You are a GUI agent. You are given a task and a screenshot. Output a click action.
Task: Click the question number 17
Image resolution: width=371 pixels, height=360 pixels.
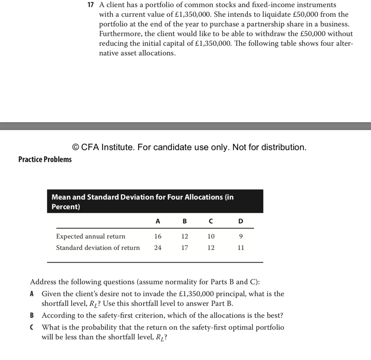[x=90, y=5]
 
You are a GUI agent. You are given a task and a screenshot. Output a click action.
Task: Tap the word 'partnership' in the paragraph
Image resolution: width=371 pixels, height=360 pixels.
[x=255, y=24]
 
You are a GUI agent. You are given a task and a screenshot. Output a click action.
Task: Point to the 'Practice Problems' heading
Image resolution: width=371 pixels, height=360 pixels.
[x=45, y=159]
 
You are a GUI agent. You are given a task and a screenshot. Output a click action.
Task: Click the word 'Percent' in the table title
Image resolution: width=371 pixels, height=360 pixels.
[x=65, y=207]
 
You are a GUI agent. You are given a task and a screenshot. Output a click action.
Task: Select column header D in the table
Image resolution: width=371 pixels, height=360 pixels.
[x=240, y=221]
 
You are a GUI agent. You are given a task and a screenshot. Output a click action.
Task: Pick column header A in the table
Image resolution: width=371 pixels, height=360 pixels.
[x=158, y=221]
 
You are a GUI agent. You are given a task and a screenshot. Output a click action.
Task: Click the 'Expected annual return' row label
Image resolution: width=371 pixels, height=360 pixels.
[x=90, y=236]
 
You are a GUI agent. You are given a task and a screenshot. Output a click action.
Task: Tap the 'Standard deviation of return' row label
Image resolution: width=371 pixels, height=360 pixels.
[x=98, y=248]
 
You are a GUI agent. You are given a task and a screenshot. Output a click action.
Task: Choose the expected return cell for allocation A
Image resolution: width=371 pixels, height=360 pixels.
[x=158, y=236]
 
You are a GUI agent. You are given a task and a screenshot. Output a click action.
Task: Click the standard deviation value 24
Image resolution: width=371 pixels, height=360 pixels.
[x=158, y=248]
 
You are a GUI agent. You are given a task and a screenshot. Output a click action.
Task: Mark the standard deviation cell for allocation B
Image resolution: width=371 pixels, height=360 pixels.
[x=184, y=248]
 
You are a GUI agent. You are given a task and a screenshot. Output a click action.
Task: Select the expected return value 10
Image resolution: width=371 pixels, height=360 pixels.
[x=211, y=236]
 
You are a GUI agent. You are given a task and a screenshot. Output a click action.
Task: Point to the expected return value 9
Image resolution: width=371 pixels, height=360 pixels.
[x=240, y=236]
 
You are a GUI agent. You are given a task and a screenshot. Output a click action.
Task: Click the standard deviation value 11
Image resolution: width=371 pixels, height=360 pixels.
[x=240, y=248]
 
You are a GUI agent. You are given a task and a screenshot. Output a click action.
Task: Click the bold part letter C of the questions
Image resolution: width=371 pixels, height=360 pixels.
[x=32, y=327]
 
